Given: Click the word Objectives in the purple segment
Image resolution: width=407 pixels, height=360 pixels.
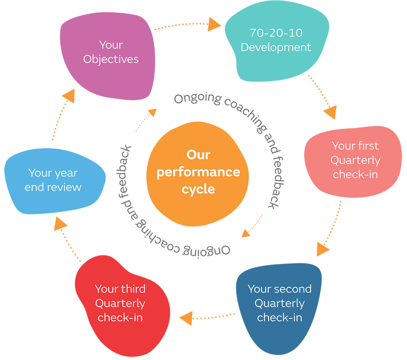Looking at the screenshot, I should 111,60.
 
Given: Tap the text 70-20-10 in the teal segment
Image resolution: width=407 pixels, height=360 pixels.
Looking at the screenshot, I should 276,33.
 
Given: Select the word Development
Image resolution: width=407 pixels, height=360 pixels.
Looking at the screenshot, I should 276,48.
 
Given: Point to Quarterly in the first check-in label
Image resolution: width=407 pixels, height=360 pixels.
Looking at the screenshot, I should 355,160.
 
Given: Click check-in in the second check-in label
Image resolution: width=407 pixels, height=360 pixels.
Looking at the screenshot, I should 280,317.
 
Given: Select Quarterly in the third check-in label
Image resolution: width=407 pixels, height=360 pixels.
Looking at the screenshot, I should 120,303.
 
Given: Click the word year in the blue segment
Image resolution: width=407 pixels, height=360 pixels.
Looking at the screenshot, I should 66,173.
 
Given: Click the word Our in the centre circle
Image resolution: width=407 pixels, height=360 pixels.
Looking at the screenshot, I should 198,154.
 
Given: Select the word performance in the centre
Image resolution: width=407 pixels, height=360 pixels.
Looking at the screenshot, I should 198,171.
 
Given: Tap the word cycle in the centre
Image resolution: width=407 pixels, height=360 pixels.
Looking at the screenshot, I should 198,189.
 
